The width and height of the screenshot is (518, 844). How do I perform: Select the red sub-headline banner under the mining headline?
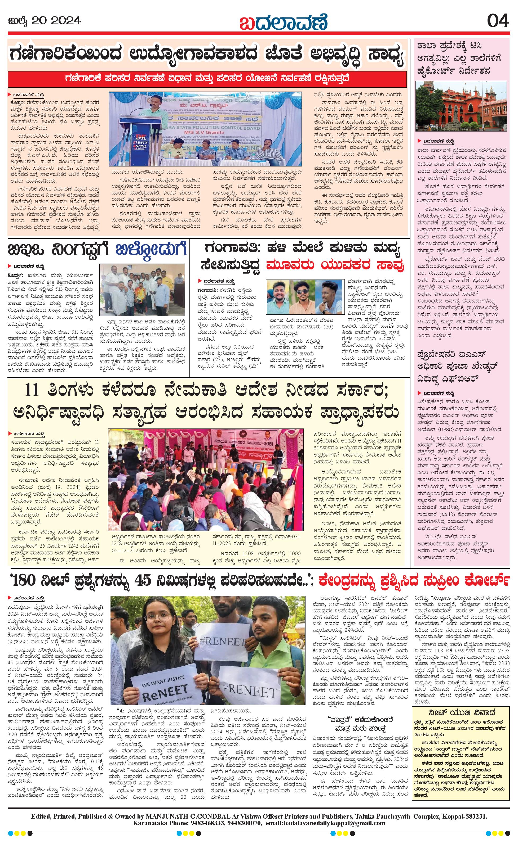click(208, 78)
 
